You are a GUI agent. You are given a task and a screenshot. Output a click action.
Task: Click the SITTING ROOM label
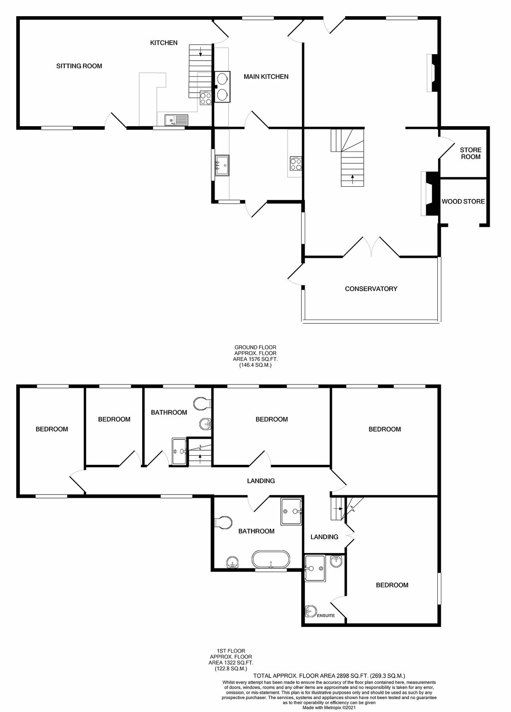tap(79, 66)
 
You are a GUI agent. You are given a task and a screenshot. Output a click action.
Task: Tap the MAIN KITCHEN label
tap(266, 76)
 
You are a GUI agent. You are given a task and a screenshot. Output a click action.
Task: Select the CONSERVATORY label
tap(371, 289)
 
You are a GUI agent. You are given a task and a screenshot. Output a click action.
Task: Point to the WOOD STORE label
tap(463, 201)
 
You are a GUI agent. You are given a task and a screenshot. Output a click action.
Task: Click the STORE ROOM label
tap(471, 153)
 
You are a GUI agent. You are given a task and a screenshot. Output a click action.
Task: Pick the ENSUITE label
tap(326, 615)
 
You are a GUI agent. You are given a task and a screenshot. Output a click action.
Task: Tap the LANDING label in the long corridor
tap(261, 481)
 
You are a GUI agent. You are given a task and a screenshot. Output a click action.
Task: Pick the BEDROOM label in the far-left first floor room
tap(52, 429)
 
